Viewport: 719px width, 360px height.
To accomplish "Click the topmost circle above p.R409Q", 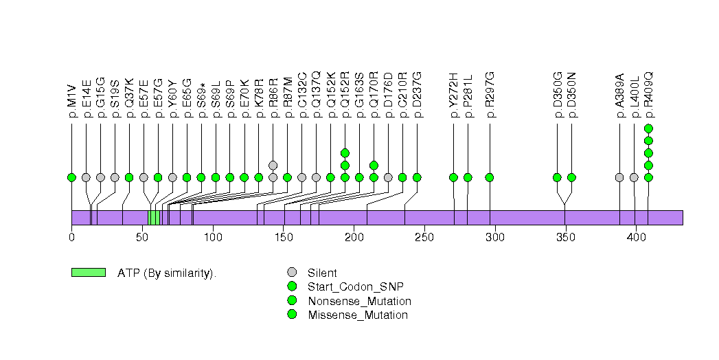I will (x=648, y=128).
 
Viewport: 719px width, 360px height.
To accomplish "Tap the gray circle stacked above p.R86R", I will (x=273, y=165).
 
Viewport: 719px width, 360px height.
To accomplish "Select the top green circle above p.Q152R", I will (x=345, y=153).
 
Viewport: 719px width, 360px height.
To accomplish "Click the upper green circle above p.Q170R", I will (x=374, y=165).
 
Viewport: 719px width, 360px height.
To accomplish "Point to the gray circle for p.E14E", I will (x=86, y=177).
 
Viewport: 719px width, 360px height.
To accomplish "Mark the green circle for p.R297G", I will (x=490, y=177).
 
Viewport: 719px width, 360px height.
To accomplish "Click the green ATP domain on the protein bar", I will (x=154, y=217).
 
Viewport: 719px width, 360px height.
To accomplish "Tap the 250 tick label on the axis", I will (x=424, y=238).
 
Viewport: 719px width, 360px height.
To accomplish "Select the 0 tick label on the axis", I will (x=71, y=238).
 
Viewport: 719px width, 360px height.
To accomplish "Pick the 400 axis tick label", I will (x=635, y=238).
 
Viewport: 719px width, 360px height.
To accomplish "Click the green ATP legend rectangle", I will (x=88, y=272).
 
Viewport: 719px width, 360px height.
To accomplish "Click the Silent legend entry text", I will (x=322, y=273).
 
